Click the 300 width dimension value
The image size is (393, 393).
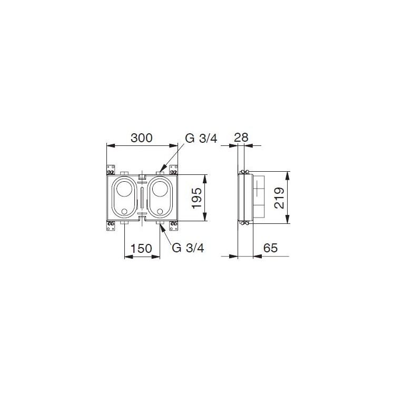tap(141, 138)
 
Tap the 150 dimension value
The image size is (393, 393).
tap(142, 248)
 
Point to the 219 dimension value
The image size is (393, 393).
tap(280, 198)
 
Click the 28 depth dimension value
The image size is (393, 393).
tap(241, 137)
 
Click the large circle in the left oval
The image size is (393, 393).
tap(125, 191)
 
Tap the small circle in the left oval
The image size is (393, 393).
tap(125, 212)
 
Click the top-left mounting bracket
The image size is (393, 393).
tap(111, 170)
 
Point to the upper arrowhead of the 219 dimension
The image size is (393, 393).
tap(287, 173)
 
